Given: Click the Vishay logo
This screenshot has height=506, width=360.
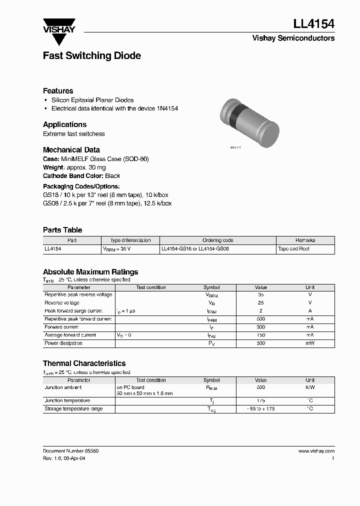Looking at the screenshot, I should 58,25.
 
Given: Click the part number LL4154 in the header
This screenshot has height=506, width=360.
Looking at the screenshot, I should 313,23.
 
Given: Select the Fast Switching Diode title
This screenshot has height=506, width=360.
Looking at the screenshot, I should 91,55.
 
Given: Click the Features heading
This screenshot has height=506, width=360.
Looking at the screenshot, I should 58,91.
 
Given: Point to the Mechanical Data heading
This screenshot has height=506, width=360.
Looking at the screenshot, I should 71,150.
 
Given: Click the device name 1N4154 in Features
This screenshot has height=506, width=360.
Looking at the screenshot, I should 167,108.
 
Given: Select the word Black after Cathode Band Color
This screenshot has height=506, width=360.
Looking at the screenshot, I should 112,176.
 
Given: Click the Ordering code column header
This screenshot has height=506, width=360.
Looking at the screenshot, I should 217,240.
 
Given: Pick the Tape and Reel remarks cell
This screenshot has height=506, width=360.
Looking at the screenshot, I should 293,248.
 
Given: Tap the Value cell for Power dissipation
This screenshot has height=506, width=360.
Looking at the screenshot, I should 260,343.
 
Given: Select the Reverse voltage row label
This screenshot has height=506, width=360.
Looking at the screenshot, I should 62,303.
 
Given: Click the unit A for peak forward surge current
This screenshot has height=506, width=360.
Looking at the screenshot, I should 310,311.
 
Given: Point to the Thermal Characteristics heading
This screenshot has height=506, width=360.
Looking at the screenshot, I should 84,363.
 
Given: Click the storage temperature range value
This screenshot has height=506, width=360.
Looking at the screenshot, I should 260,409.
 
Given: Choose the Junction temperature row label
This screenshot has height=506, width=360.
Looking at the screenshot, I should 67,401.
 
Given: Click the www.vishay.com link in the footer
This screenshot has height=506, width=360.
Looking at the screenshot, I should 316,451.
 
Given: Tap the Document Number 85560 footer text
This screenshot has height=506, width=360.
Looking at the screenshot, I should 70,451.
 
